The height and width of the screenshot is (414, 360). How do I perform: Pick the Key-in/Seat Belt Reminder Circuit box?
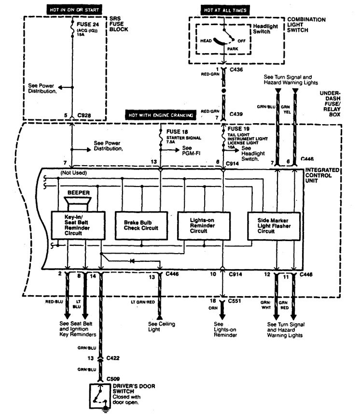pos(74,224)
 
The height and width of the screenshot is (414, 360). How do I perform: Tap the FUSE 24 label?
pos(86,23)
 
